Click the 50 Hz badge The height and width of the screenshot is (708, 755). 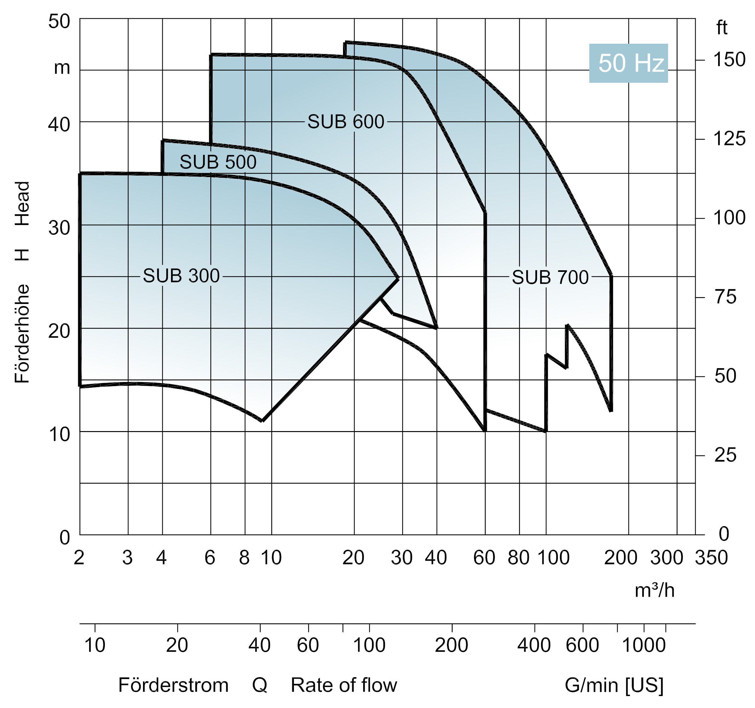[628, 63]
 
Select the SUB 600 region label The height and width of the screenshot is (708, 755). [346, 122]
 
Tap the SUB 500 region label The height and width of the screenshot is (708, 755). [218, 162]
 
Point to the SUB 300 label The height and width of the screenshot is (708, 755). [181, 276]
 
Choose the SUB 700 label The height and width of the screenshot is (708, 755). [550, 277]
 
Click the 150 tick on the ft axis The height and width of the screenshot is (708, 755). [729, 60]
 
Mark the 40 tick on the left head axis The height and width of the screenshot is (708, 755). [59, 124]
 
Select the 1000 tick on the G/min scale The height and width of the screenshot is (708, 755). [644, 645]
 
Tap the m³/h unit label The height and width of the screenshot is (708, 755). [654, 590]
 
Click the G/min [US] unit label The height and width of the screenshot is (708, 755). [614, 685]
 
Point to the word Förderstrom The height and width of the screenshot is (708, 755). [173, 685]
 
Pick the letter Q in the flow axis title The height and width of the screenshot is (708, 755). [260, 685]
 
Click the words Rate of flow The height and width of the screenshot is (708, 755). [344, 685]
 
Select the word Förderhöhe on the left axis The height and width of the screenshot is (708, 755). [22, 334]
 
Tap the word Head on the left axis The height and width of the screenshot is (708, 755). [22, 204]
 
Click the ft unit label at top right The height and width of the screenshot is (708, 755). [722, 28]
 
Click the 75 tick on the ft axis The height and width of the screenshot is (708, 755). [725, 297]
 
